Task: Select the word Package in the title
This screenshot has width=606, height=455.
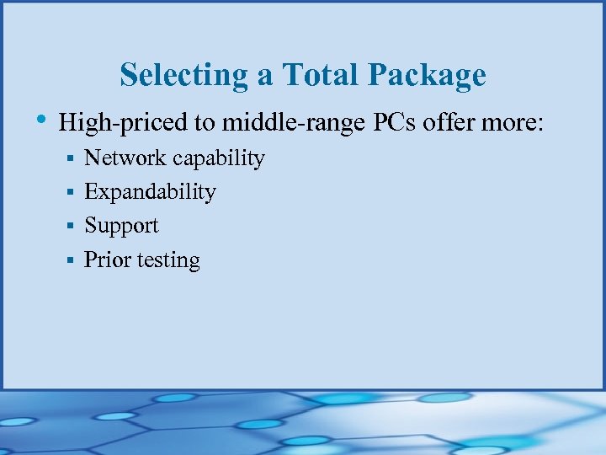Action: point(427,75)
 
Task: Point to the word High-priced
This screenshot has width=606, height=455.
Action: point(123,124)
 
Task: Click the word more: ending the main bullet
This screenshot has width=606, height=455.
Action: point(516,123)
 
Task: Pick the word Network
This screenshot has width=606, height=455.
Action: point(125,158)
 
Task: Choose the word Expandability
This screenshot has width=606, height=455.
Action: point(150,193)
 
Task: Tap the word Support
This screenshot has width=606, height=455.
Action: point(121,227)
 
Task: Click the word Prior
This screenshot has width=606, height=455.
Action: point(107,260)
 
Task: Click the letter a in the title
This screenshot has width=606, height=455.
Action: point(265,77)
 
